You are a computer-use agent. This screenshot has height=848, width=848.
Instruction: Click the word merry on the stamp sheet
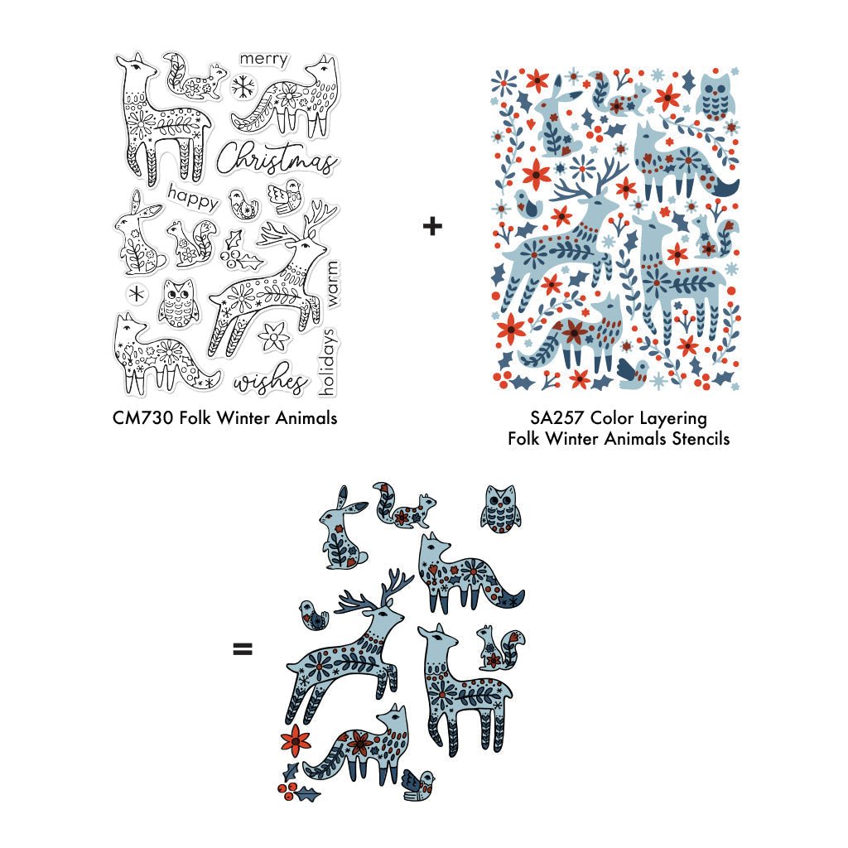(x=263, y=59)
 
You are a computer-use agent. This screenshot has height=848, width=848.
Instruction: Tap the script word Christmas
(x=277, y=158)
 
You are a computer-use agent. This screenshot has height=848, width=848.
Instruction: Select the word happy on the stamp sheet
(x=193, y=197)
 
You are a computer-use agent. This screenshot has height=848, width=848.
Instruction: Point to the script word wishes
(x=269, y=379)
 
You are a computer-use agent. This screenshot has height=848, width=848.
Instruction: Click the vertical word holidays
(x=328, y=361)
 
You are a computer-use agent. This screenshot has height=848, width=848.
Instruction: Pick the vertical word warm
(x=332, y=285)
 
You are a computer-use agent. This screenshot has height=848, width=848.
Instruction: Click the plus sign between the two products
(x=432, y=225)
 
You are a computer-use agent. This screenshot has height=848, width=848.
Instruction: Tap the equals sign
(x=243, y=648)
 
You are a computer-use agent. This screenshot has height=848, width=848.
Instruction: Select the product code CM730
(x=143, y=418)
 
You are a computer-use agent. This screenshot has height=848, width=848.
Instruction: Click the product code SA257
(x=556, y=418)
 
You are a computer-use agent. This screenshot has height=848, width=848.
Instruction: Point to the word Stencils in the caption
(x=701, y=439)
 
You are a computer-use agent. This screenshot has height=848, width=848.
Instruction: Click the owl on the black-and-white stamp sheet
(x=177, y=303)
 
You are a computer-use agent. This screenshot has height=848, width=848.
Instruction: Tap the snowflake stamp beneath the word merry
(x=243, y=86)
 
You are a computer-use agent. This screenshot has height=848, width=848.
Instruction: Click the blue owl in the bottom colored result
(x=500, y=509)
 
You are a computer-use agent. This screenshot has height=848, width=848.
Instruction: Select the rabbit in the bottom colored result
(x=340, y=529)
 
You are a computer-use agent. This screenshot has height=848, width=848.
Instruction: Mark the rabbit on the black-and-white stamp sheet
(x=137, y=233)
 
